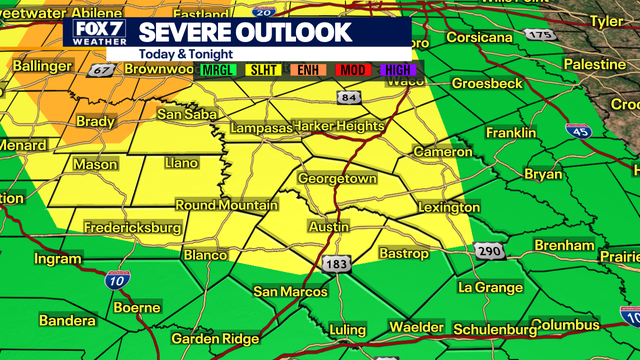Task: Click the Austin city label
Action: pyautogui.click(x=329, y=228)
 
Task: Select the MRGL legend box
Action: pyautogui.click(x=213, y=71)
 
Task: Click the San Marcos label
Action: pyautogui.click(x=290, y=291)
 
